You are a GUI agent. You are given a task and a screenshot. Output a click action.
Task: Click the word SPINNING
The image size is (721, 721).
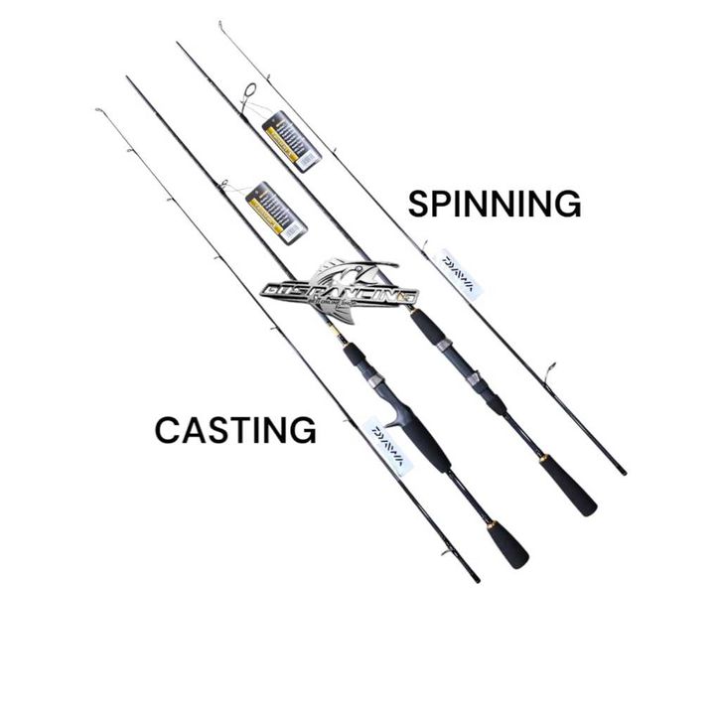click(495, 204)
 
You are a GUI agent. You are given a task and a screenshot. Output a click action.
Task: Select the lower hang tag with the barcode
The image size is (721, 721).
click(276, 212)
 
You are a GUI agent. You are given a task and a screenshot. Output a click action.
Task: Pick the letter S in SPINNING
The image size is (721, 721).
click(419, 204)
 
